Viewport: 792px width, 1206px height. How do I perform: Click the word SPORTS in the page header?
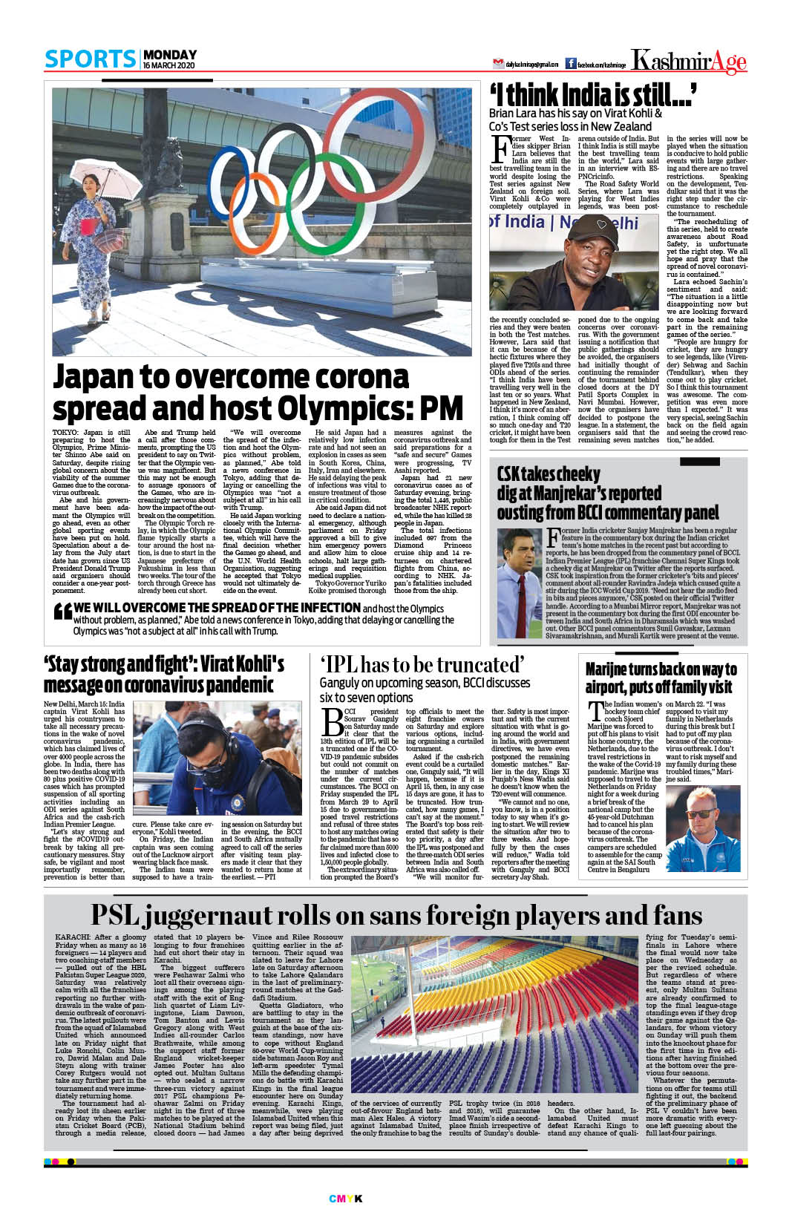click(x=90, y=59)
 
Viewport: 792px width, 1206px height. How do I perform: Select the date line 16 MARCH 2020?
click(x=168, y=66)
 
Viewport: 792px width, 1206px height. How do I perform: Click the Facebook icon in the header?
click(x=571, y=64)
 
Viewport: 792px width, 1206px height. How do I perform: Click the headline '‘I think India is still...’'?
click(x=592, y=96)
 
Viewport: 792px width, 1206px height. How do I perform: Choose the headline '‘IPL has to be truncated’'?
click(x=422, y=664)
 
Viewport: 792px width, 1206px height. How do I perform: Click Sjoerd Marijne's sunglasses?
click(x=700, y=814)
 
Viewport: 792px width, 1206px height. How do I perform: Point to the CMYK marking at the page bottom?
click(x=345, y=1198)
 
